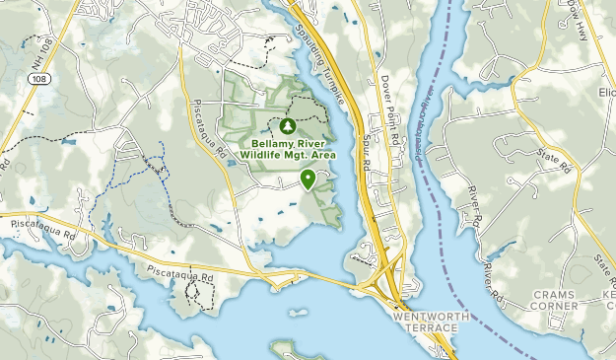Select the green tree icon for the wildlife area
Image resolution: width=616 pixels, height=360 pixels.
[x=288, y=126]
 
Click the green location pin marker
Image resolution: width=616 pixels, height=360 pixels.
[x=308, y=179]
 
